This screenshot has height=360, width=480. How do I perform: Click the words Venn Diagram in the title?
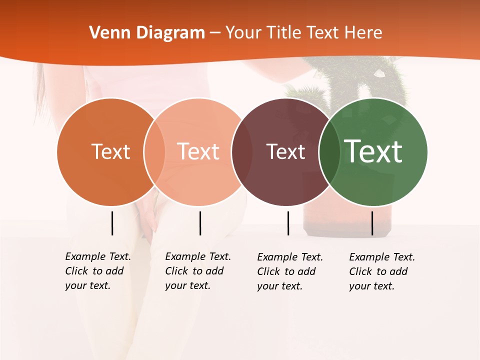coord(147,33)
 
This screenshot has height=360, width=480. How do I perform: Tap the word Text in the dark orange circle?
coord(110,151)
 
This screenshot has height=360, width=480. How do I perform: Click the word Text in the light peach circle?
coord(198,151)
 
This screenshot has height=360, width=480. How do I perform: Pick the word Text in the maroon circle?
coord(285,151)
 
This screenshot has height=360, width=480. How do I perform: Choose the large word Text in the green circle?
coord(373,151)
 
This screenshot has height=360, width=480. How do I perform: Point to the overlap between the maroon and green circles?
coord(327,152)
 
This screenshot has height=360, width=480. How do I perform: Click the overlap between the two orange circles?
coord(154,152)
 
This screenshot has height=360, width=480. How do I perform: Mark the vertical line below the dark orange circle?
coord(112,223)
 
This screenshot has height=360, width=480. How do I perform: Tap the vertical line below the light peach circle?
coord(200,223)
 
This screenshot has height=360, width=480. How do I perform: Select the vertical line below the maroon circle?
coord(288,223)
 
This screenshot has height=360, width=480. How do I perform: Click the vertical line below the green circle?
coord(372,223)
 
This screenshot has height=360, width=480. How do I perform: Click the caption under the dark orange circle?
coord(97,271)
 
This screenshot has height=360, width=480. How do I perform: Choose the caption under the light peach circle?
coord(197,271)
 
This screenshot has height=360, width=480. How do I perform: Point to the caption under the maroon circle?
coord(289,271)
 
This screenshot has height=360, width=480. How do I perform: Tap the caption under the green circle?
coord(381,271)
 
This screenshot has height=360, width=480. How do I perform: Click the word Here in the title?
coord(364,33)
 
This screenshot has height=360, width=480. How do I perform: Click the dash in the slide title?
coord(214,33)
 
